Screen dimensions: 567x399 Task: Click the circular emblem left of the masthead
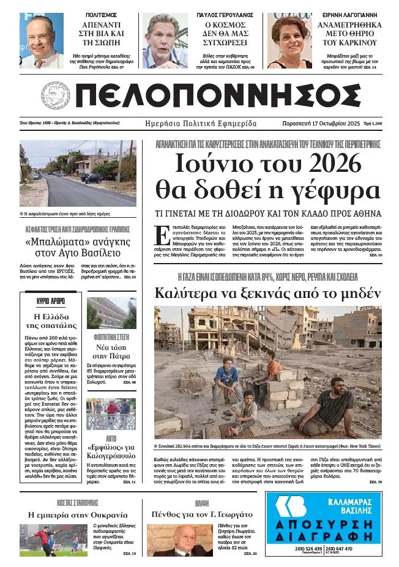coord(56,95)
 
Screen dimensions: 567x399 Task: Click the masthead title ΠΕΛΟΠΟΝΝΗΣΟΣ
coord(217,96)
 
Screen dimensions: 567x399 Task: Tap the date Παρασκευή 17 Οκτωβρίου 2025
coord(325,124)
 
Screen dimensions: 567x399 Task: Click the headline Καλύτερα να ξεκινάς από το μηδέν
coord(267,292)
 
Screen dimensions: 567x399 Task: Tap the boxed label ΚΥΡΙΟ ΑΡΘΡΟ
coord(51,302)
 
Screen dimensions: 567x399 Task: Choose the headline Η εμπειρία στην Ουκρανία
coord(78,514)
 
